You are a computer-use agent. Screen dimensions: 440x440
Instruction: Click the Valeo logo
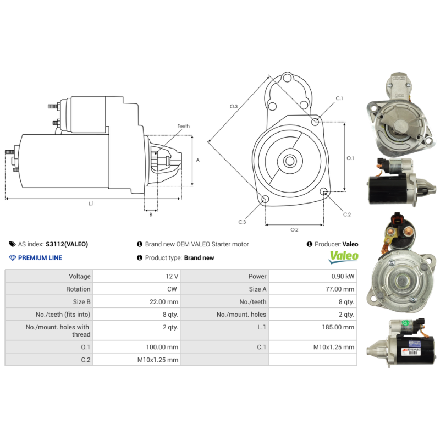point(343,256)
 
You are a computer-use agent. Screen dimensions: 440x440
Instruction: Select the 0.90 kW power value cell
point(342,276)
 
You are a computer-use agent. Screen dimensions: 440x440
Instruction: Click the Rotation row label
point(78,289)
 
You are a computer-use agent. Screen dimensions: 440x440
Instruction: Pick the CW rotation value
point(172,289)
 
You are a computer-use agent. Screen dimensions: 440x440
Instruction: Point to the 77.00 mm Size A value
point(341,289)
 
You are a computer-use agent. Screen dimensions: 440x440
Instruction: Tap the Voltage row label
point(79,276)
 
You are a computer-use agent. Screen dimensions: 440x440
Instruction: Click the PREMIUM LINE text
point(40,257)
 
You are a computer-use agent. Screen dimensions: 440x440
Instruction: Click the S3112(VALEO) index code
point(67,244)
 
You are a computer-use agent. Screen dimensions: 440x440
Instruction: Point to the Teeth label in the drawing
point(183,126)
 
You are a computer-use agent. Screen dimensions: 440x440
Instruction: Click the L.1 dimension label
point(91,204)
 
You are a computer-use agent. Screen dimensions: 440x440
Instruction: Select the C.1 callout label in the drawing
point(339,98)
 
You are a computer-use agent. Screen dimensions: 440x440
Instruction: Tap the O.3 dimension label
point(234,106)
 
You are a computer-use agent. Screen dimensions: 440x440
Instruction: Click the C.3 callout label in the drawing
point(242,222)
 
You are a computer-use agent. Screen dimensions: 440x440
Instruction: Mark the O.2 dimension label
point(294,229)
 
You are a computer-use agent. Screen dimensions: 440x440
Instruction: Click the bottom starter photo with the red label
point(404,342)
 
